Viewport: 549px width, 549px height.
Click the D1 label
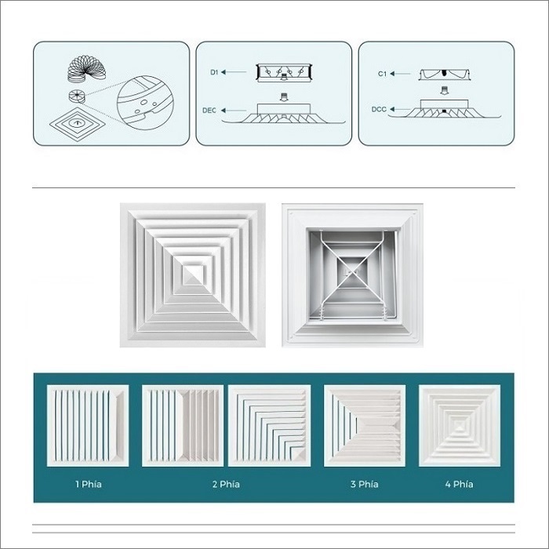coord(214,72)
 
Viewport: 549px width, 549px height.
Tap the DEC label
coord(209,111)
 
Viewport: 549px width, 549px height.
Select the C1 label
coord(382,74)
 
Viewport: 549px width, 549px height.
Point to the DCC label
coord(379,110)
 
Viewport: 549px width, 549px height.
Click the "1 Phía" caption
coord(89,484)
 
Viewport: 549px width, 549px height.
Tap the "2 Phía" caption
coord(226,484)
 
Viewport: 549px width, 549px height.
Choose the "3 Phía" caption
coord(365,484)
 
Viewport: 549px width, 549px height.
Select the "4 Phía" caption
coord(460,484)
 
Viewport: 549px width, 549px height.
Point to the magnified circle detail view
coord(145,103)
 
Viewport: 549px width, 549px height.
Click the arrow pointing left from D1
coord(234,72)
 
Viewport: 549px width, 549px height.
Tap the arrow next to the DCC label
coord(400,109)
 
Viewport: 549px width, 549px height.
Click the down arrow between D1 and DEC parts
coord(284,96)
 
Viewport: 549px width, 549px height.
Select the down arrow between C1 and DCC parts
coord(445,91)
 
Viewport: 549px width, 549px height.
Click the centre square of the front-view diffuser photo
coord(193,275)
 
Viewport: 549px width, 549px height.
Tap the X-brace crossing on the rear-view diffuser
coord(352,271)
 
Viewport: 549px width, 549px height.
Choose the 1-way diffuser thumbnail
coord(88,426)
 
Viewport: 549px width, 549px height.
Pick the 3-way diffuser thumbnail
coord(365,426)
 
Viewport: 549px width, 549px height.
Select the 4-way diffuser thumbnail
coord(460,426)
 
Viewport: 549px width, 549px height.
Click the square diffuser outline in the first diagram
coord(78,124)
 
